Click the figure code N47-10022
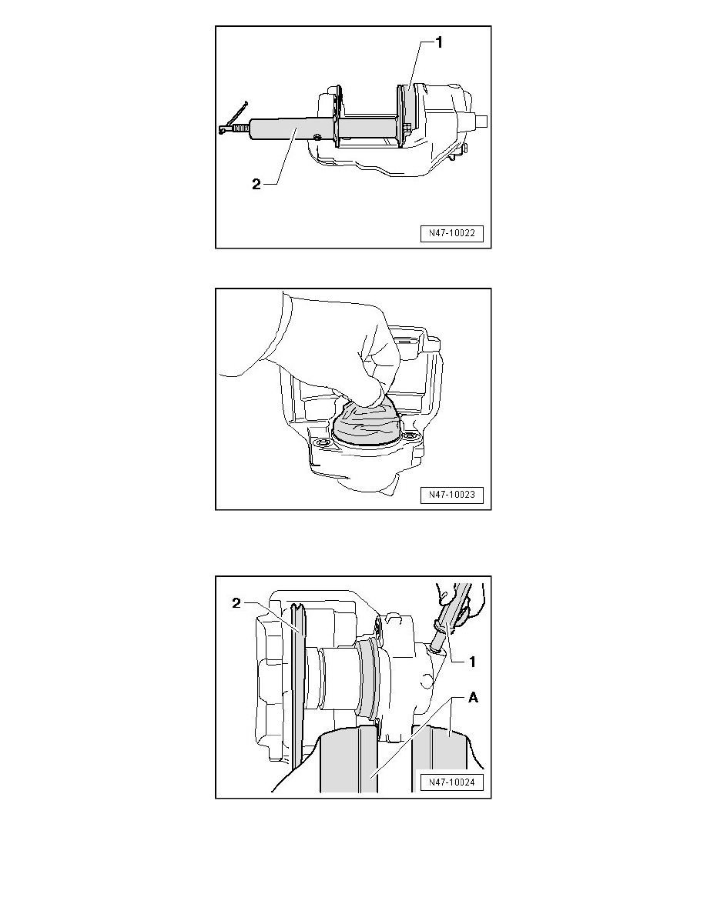click(452, 233)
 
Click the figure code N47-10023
click(452, 495)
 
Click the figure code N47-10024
click(452, 782)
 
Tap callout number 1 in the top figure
click(439, 42)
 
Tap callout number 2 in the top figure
click(256, 184)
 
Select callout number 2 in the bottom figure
click(236, 603)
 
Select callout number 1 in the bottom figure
click(473, 662)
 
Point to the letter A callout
click(473, 697)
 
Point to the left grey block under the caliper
click(347, 759)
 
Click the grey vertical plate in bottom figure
click(297, 688)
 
